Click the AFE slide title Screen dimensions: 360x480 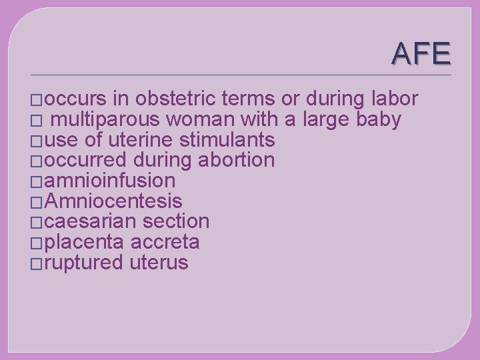(421, 53)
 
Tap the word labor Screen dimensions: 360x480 (393, 99)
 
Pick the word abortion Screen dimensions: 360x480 (237, 161)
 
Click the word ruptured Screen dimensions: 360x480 (85, 263)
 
